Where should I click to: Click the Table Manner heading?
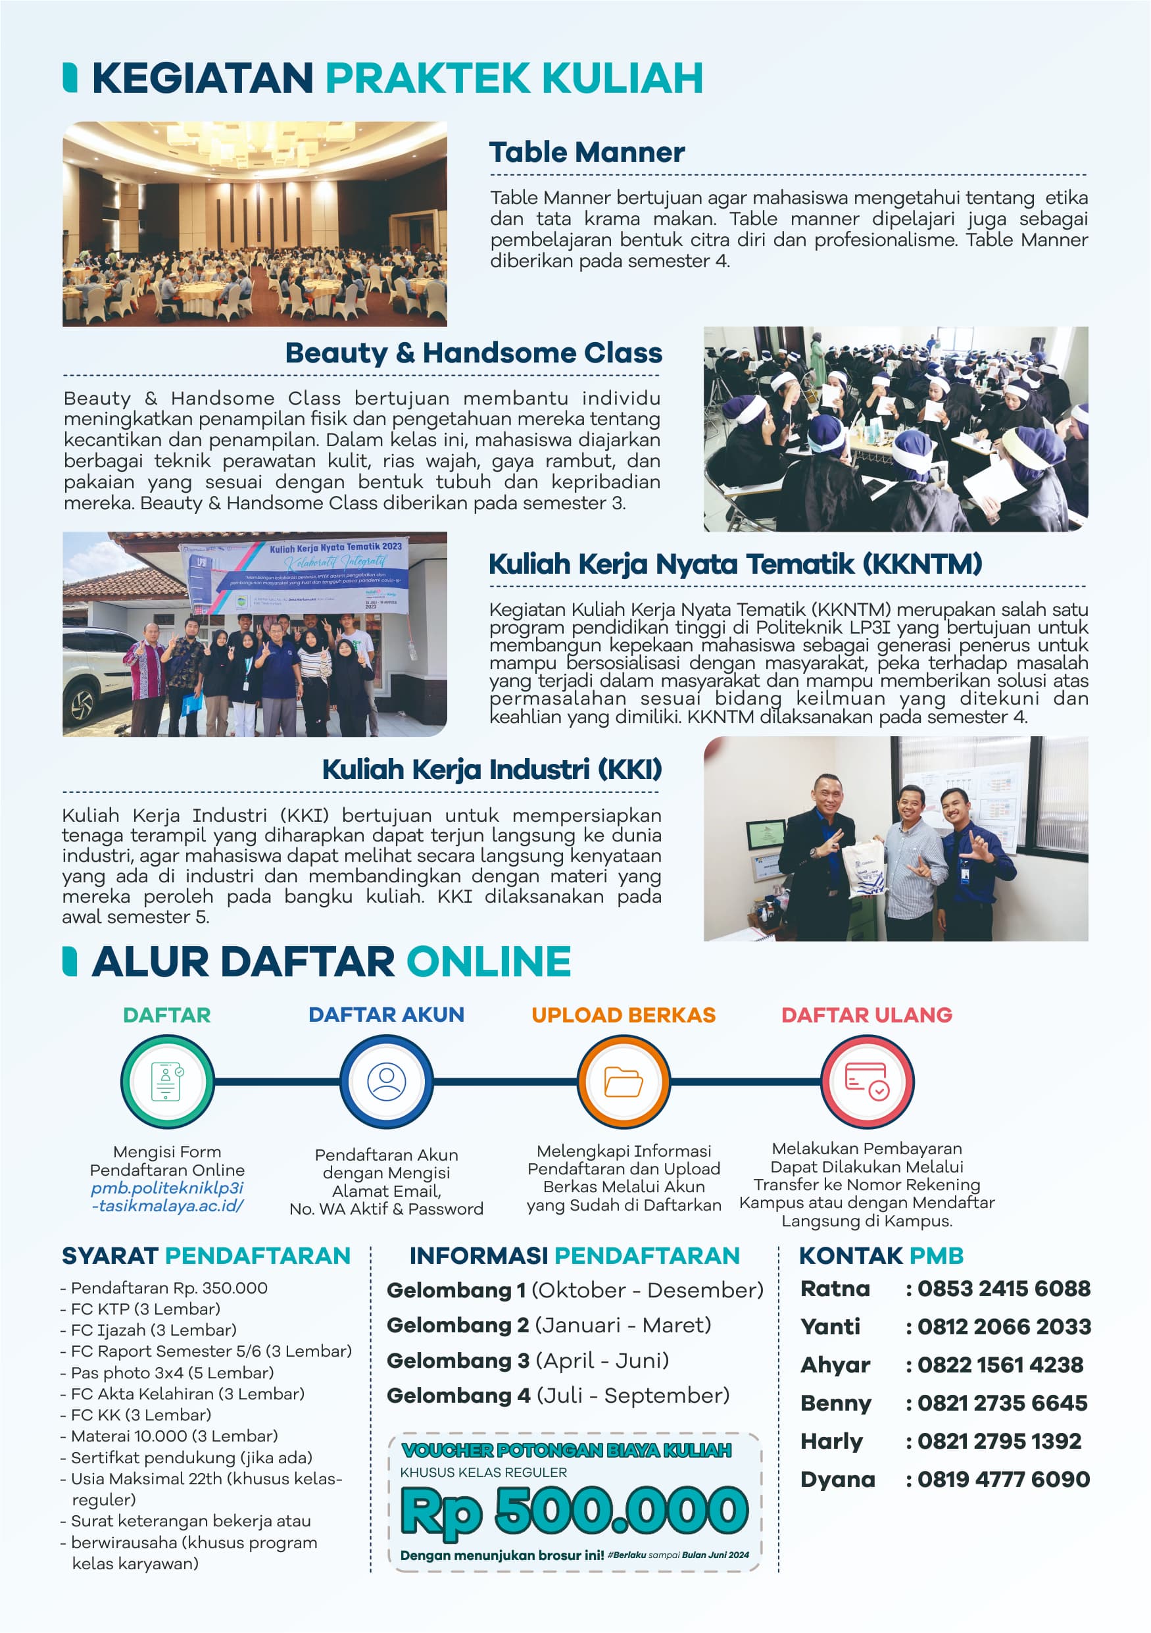(587, 152)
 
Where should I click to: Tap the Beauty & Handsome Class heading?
(474, 353)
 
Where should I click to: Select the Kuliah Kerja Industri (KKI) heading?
(492, 769)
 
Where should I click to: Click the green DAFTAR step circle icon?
(167, 1081)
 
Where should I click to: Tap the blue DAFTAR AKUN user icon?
(386, 1081)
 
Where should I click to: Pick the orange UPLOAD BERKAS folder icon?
(624, 1081)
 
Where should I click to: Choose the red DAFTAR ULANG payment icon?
(867, 1081)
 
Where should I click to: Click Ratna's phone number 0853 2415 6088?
(1004, 1288)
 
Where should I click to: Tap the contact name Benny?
(835, 1403)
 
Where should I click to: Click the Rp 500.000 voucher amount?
(574, 1511)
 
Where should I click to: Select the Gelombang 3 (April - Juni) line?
(527, 1361)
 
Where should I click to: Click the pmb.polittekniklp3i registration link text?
(167, 1197)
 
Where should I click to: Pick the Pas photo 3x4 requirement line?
(172, 1372)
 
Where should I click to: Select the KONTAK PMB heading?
(881, 1256)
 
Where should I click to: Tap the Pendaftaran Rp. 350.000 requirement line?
(169, 1288)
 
